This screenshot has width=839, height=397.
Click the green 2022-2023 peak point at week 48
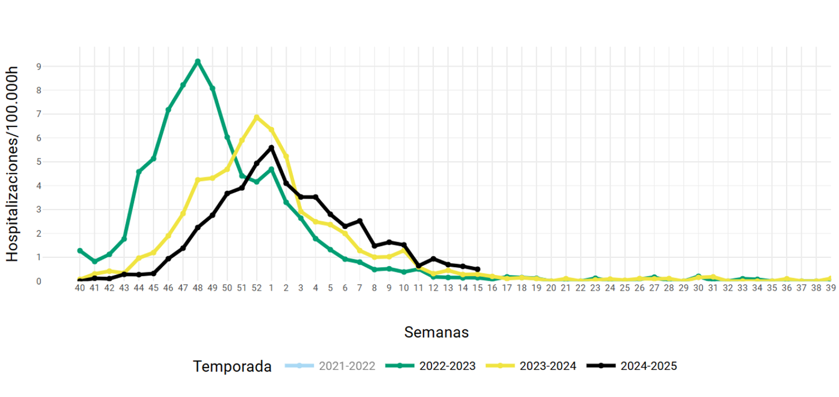tap(198, 61)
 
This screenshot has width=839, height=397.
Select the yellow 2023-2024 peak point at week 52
tap(257, 117)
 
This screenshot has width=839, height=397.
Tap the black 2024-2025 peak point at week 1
tap(272, 147)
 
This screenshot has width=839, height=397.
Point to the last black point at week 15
tap(478, 269)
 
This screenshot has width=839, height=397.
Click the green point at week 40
tap(80, 251)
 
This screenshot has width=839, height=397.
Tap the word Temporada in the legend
tap(232, 366)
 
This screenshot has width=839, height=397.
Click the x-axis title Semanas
tap(436, 332)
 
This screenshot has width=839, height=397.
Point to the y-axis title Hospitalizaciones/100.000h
tap(12, 164)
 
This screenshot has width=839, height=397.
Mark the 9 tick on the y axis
tap(39, 67)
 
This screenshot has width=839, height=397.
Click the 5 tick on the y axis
tap(39, 162)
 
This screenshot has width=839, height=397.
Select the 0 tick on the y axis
tap(39, 282)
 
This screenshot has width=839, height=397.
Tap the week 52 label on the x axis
tap(256, 288)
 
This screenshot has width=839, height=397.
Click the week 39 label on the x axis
tap(830, 288)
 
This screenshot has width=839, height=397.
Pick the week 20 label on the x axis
tap(551, 288)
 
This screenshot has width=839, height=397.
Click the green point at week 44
tap(139, 172)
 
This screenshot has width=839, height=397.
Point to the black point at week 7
tap(360, 221)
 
